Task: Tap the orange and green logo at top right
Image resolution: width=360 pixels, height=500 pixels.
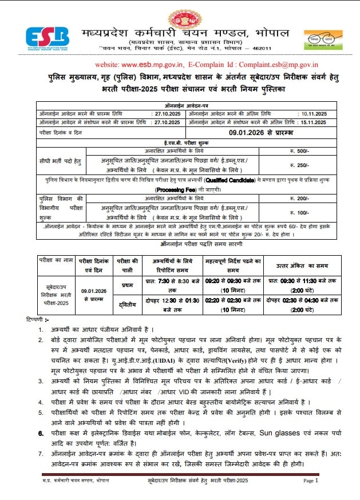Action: click(323, 40)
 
